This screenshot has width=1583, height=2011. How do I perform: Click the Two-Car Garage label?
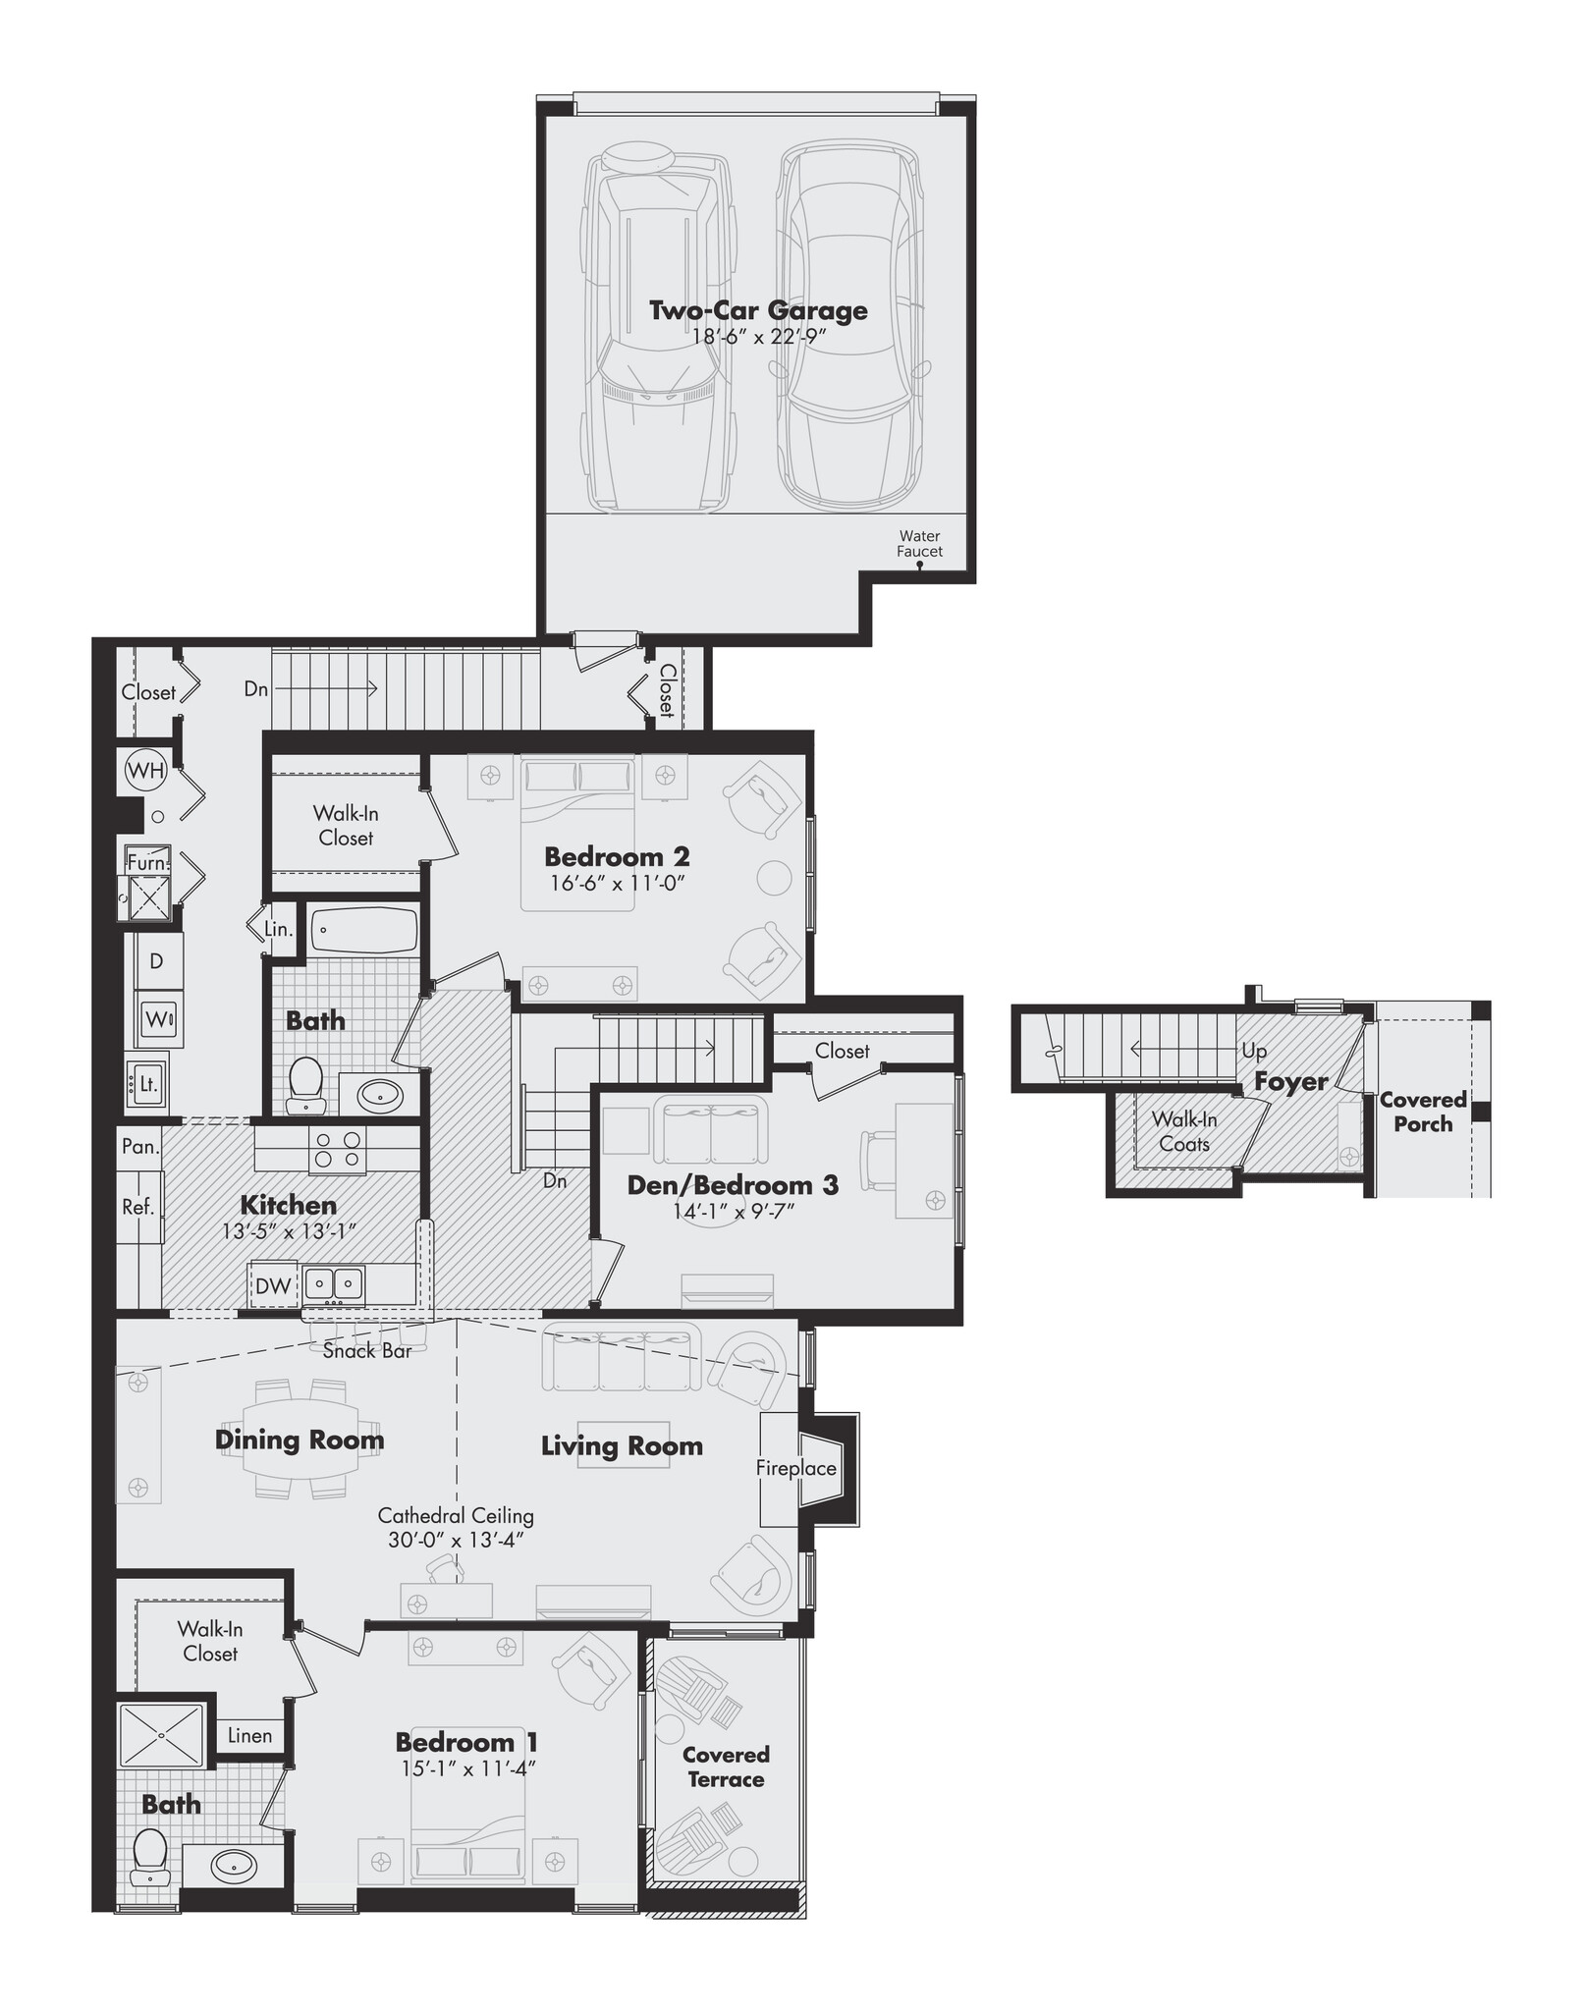[758, 310]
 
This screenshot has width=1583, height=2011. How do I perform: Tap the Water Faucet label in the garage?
[919, 544]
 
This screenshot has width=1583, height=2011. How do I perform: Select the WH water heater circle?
[144, 771]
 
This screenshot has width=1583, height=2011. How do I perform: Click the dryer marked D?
[157, 960]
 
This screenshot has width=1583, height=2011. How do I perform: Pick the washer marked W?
[157, 1019]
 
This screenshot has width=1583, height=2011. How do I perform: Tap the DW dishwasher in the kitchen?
[272, 1285]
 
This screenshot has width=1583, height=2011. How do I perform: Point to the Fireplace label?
[795, 1468]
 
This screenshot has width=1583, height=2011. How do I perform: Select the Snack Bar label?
[367, 1351]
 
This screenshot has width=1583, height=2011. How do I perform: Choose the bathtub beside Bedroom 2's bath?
[363, 931]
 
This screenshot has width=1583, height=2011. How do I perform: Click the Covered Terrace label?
[726, 1766]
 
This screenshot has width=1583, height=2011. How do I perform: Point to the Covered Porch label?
[1423, 1112]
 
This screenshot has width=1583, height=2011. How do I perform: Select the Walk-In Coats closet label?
[1183, 1131]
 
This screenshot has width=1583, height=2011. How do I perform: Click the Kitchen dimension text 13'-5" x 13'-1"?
[288, 1231]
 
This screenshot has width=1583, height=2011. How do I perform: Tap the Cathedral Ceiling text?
[456, 1515]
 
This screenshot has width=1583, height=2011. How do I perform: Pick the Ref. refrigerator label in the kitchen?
[138, 1208]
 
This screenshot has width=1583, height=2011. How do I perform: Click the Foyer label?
[1290, 1082]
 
